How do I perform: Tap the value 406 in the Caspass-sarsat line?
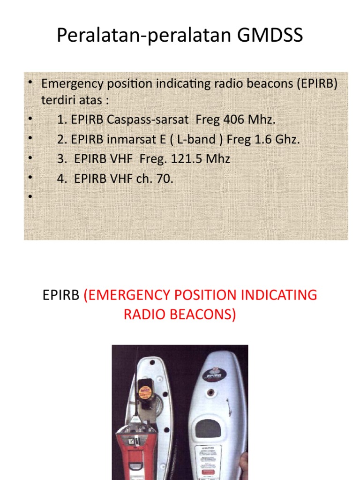pyautogui.click(x=233, y=120)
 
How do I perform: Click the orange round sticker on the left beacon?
pyautogui.click(x=146, y=390)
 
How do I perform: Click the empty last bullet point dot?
pyautogui.click(x=30, y=197)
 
